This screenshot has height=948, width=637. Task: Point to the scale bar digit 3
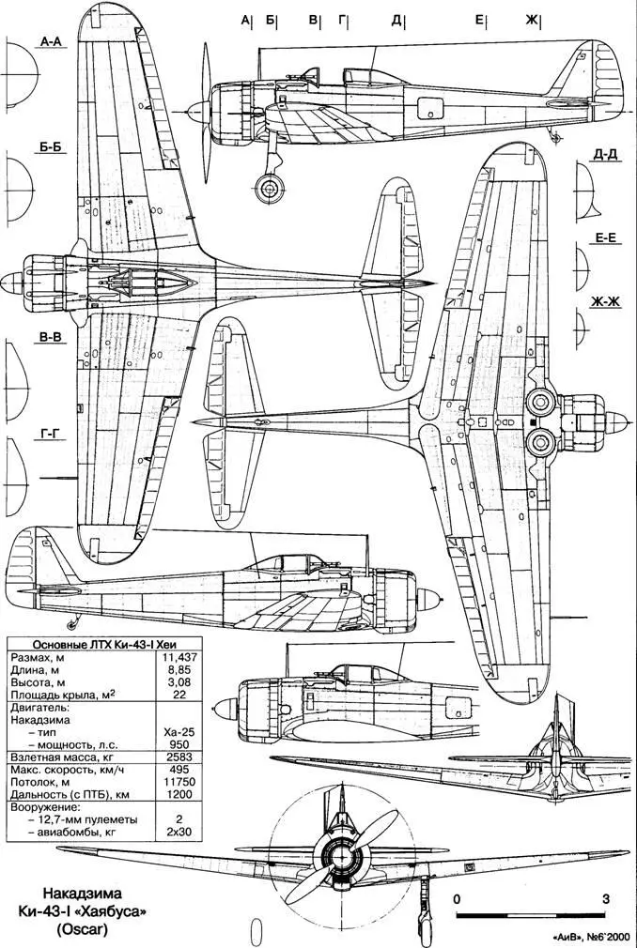[606, 898]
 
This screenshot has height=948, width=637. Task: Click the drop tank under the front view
[256, 932]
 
